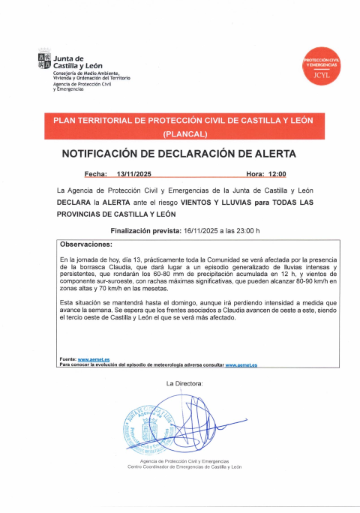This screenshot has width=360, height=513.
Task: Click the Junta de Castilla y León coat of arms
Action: coord(44,61)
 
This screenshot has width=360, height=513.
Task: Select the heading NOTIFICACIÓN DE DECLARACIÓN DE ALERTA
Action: coord(178,154)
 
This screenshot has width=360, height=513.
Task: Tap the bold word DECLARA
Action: coord(76,202)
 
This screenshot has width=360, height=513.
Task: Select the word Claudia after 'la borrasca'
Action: coord(134,267)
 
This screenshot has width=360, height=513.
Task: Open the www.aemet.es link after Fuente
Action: coord(93,360)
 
